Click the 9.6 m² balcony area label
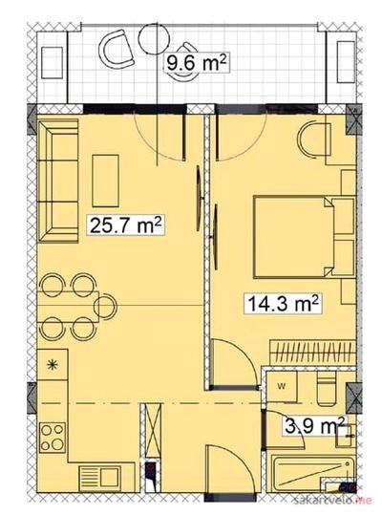197,62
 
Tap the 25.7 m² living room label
126,225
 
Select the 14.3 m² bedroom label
284,303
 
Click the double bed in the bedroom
294,237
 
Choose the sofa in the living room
58,181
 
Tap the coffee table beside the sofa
105,181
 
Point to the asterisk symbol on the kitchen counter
52,365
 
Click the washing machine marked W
282,387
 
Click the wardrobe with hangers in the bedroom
312,353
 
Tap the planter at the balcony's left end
53,63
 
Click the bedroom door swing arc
235,362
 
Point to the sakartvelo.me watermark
332,501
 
